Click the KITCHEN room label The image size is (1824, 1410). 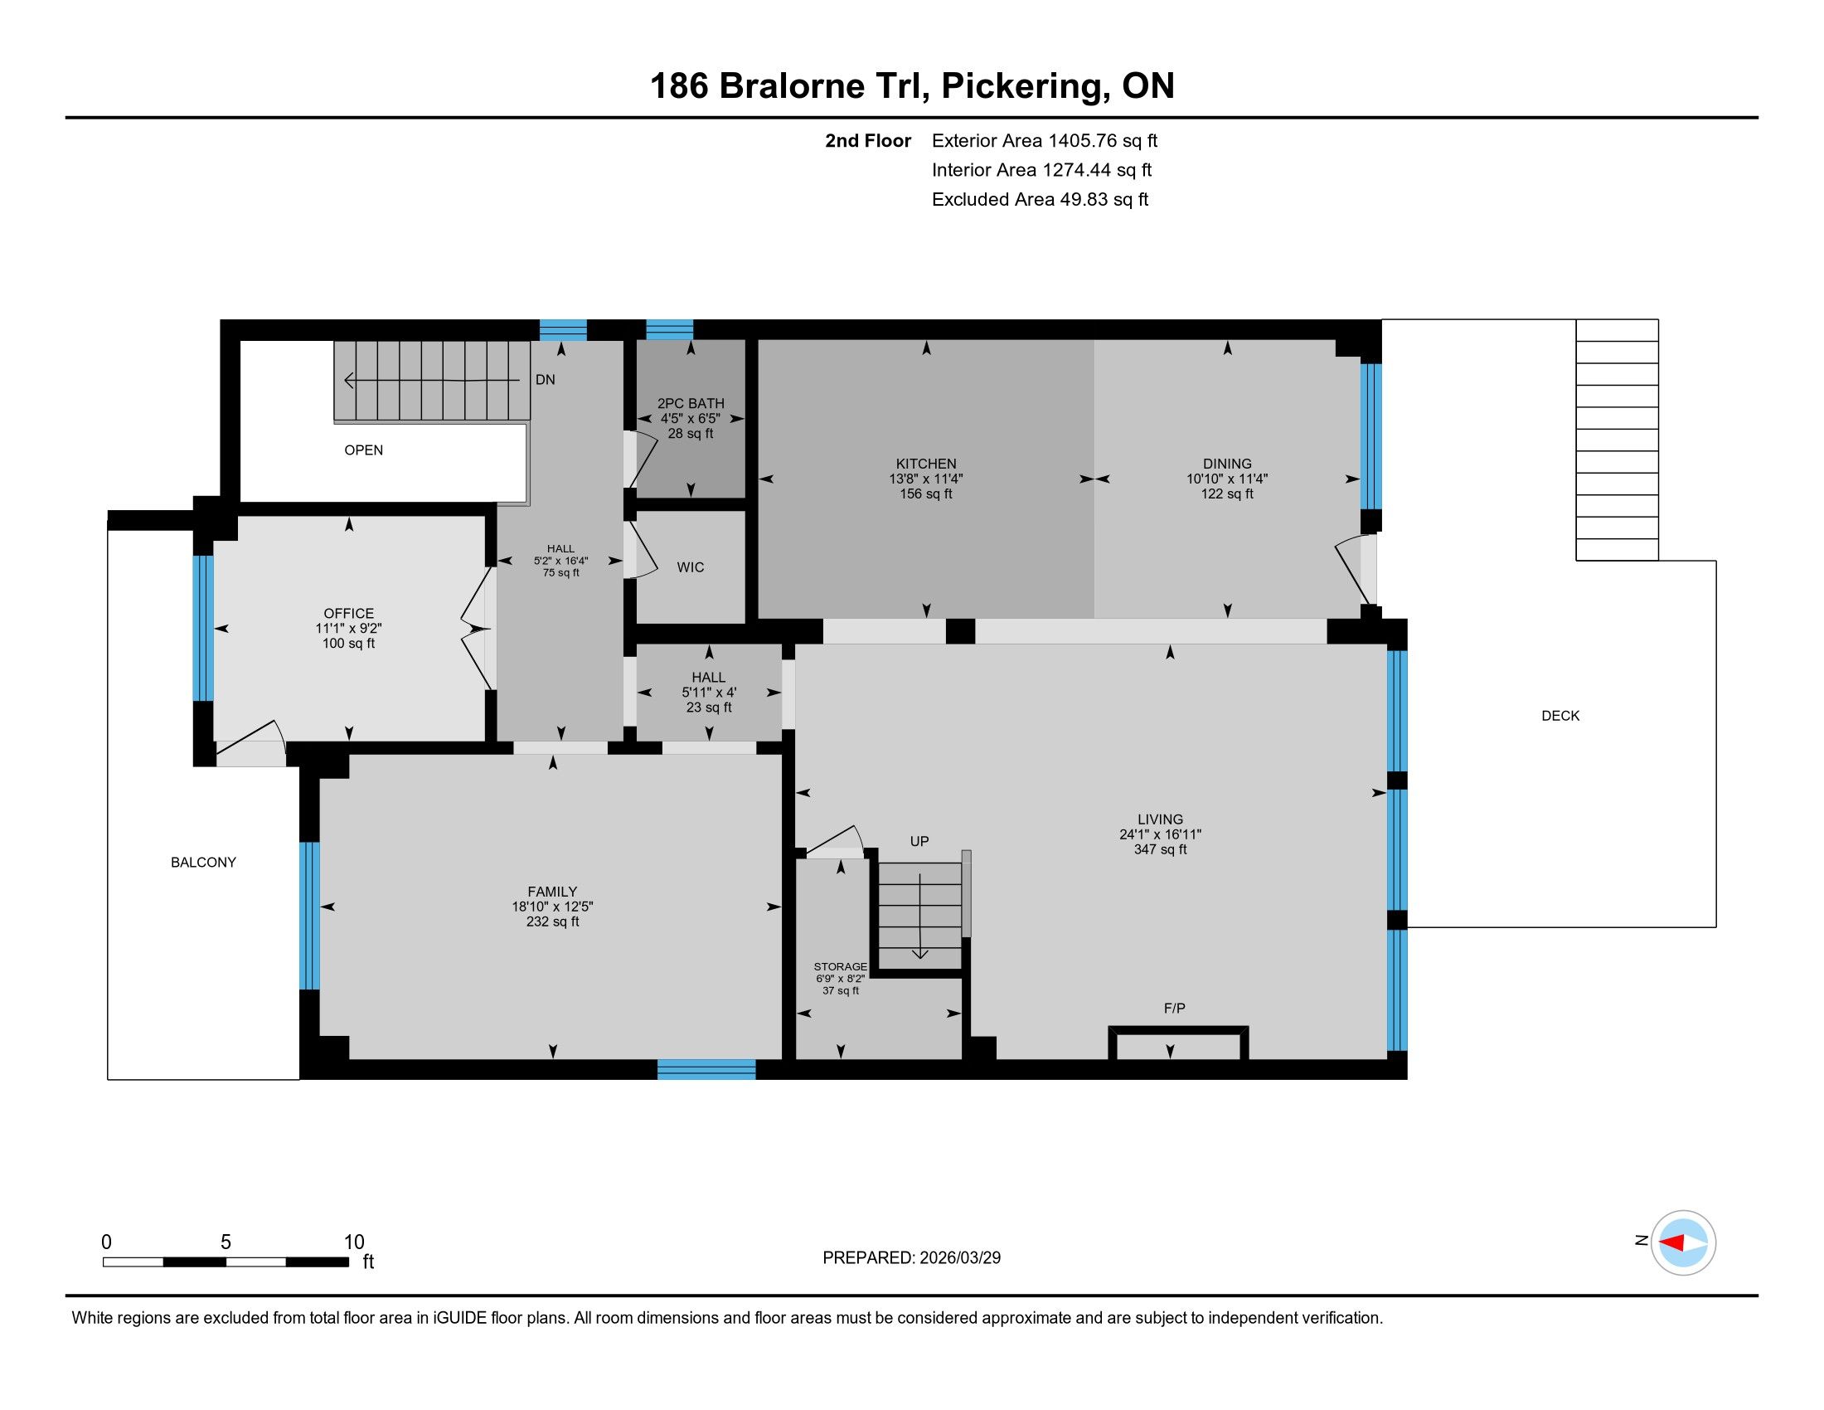coord(925,464)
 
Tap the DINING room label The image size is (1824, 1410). coord(1227,464)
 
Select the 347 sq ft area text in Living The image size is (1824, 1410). coord(1160,849)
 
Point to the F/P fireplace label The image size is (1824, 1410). coord(1174,1009)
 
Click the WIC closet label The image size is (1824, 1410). coord(690,567)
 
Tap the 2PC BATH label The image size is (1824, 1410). coord(691,403)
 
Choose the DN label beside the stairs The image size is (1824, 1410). coord(546,379)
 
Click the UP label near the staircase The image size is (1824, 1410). coord(919,841)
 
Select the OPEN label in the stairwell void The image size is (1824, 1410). coord(363,450)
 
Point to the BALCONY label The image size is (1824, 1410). coord(203,862)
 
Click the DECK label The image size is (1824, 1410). coord(1560,716)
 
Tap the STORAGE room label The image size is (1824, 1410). coord(840,966)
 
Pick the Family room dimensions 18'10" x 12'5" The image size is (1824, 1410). coord(552,907)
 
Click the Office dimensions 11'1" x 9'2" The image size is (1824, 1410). coord(348,628)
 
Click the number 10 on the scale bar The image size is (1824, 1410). coord(354,1242)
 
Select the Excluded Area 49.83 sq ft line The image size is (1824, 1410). coord(1040,200)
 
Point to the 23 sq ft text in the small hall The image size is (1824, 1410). coord(708,707)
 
